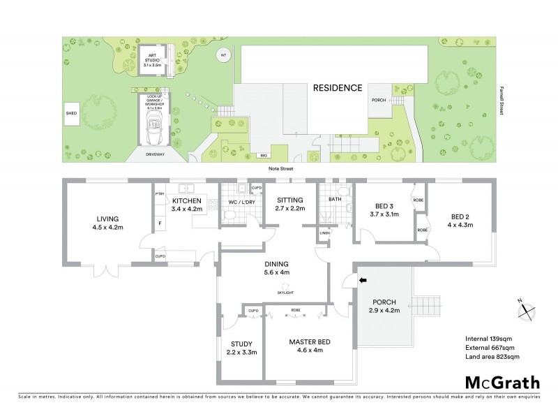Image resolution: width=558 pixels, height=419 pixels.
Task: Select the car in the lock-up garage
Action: point(151,128)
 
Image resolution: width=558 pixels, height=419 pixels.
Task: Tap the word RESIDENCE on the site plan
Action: point(337,88)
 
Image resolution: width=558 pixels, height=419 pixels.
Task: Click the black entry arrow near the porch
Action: point(362,281)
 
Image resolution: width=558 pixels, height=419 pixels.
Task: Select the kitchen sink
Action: point(186,187)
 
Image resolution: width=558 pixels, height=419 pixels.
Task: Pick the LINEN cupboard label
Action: point(324,233)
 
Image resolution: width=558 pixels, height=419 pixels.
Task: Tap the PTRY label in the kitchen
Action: point(159,196)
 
